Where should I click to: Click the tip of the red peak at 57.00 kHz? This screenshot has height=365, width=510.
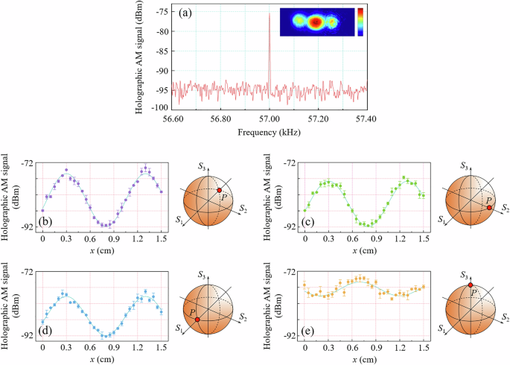click(x=270, y=13)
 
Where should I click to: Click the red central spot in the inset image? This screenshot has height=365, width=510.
click(x=315, y=22)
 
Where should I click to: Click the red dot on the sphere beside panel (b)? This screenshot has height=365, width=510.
click(x=219, y=191)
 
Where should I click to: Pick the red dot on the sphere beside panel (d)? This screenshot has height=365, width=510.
click(x=197, y=319)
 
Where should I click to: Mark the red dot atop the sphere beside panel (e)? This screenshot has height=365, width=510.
click(x=471, y=285)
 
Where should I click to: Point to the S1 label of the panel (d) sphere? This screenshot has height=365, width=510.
click(x=179, y=328)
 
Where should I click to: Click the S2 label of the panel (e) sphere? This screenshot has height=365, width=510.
click(x=504, y=317)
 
